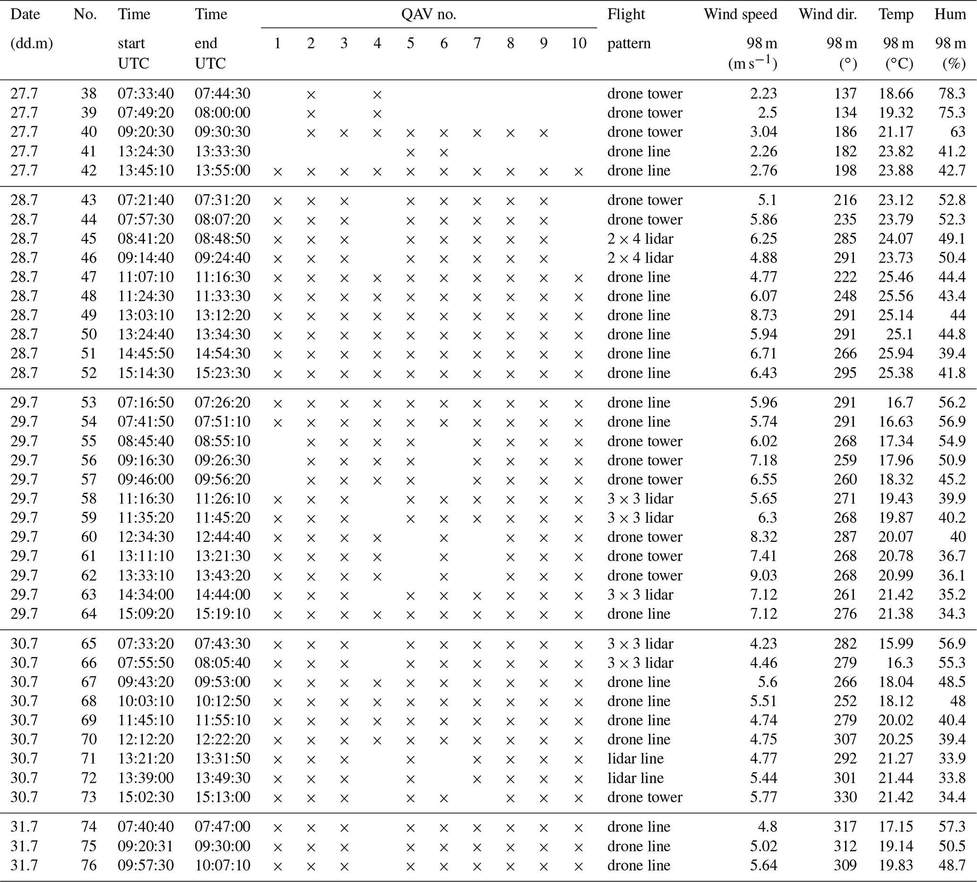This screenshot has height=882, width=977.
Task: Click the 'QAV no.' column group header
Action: (x=428, y=15)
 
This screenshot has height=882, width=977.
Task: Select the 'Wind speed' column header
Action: (x=740, y=15)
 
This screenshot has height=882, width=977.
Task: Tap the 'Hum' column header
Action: (x=950, y=15)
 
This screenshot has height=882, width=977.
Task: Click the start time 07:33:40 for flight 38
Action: (x=146, y=94)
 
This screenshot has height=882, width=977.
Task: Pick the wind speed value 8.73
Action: (x=763, y=315)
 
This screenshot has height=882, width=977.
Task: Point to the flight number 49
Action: (x=89, y=315)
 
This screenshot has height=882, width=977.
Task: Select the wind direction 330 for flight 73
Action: (x=845, y=797)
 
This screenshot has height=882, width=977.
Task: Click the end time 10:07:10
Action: (x=223, y=865)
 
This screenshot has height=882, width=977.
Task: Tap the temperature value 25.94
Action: (x=896, y=353)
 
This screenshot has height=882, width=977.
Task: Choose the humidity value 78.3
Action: (x=952, y=94)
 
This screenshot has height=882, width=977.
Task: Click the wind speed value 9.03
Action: (x=763, y=575)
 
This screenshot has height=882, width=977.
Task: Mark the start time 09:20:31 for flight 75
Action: (x=146, y=846)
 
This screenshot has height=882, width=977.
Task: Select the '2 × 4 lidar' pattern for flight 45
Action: (x=640, y=239)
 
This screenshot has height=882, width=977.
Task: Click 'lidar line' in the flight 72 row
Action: (x=635, y=778)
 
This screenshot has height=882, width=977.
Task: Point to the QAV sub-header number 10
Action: (x=579, y=43)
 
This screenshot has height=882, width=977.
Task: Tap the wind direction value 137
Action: (x=845, y=94)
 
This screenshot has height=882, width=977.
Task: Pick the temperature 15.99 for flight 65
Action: (x=896, y=644)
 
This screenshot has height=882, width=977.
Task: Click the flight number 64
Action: (x=89, y=614)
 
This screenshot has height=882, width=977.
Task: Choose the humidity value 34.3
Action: (x=952, y=614)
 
